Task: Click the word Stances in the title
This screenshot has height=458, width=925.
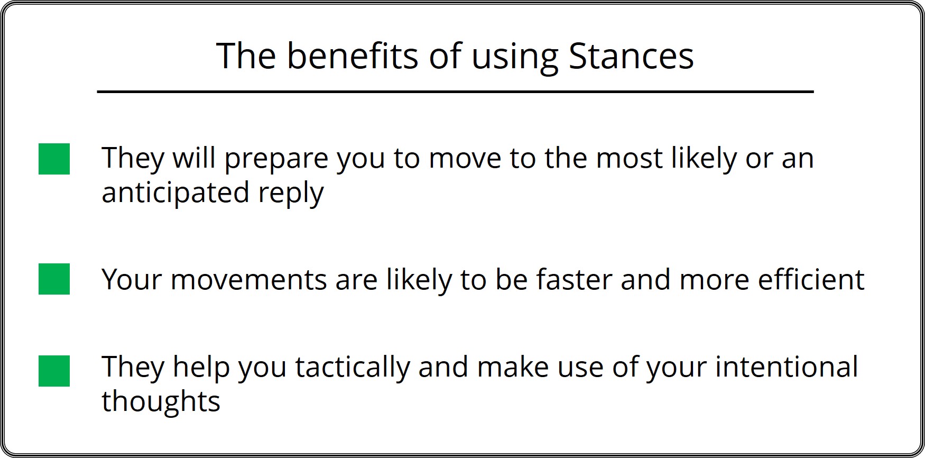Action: click(631, 56)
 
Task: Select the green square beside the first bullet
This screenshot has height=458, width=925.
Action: click(54, 159)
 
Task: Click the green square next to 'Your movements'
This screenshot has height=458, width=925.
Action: click(54, 279)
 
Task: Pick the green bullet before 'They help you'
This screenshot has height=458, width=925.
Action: click(54, 371)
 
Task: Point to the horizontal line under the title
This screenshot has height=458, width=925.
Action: click(455, 92)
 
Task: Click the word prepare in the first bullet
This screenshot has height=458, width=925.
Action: click(276, 159)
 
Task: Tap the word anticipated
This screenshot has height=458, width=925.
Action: click(175, 193)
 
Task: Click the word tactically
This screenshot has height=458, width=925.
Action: click(352, 368)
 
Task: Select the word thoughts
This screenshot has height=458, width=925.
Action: click(161, 401)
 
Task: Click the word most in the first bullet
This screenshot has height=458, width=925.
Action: click(629, 159)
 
